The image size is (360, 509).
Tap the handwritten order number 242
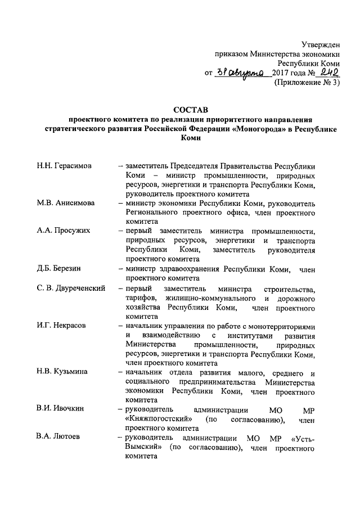click(326, 71)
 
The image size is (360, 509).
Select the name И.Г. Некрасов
click(61, 326)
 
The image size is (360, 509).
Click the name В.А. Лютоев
click(59, 436)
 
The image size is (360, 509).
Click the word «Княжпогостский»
click(158, 418)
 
